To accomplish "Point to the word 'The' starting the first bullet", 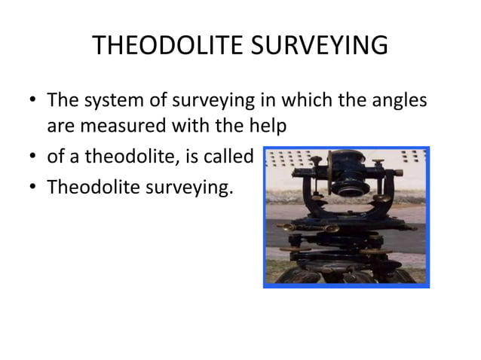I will pos(62,99).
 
